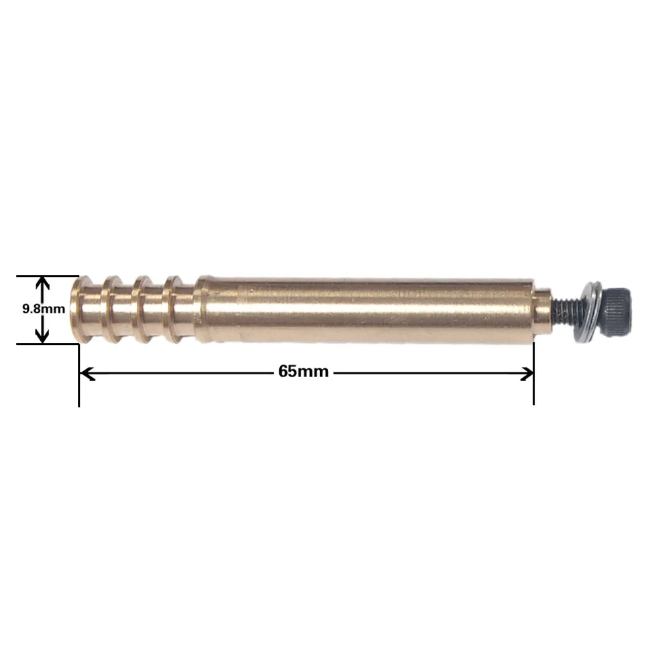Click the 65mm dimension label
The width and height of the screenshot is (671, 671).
pos(303,371)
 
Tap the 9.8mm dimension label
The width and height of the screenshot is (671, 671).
pos(43,309)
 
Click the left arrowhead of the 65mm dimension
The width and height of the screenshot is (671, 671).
pos(87,374)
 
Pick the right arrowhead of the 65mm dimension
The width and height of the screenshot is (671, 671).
pos(526,374)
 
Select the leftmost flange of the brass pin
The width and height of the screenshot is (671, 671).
pos(81,309)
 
